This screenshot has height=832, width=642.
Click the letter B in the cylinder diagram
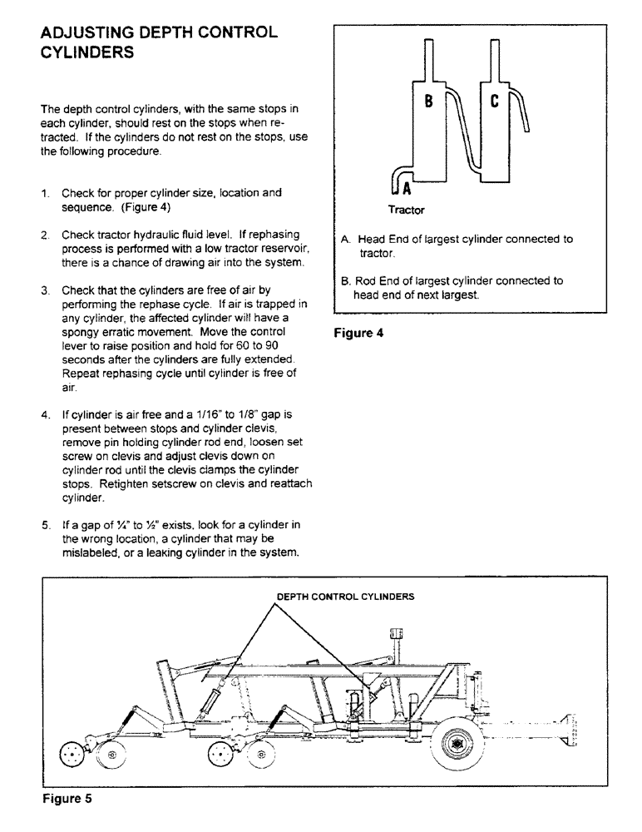click(428, 102)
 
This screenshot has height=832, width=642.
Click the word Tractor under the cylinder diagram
click(407, 210)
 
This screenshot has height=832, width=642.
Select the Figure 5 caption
click(67, 800)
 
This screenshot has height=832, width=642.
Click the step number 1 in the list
click(47, 193)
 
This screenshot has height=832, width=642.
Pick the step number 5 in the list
click(47, 526)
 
